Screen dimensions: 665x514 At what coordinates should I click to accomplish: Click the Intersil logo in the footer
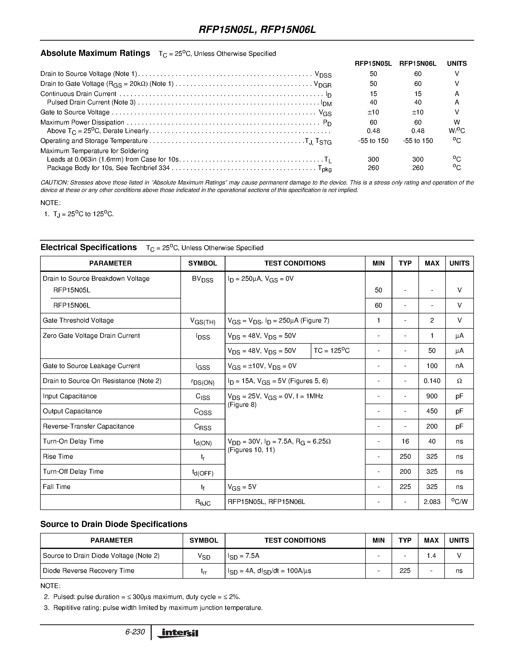(178, 633)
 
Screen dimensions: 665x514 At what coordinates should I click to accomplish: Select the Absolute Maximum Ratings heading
(95, 53)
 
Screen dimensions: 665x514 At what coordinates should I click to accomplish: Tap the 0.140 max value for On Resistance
(432, 381)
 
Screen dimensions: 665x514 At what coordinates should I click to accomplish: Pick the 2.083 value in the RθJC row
(432, 502)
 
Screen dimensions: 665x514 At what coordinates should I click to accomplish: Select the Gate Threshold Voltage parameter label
(78, 321)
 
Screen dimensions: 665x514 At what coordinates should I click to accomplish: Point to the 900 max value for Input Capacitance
(432, 396)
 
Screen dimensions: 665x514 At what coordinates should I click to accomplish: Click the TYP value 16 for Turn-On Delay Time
(405, 442)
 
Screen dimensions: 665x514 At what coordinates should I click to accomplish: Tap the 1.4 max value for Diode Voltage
(431, 556)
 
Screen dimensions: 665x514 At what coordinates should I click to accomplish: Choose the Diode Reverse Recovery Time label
(88, 571)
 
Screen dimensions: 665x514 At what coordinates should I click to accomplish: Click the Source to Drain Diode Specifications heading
(114, 524)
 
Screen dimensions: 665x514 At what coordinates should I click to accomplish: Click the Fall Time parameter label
(57, 487)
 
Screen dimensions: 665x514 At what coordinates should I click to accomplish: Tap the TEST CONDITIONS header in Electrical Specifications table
(295, 263)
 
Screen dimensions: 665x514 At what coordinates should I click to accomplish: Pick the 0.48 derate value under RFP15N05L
(373, 131)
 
